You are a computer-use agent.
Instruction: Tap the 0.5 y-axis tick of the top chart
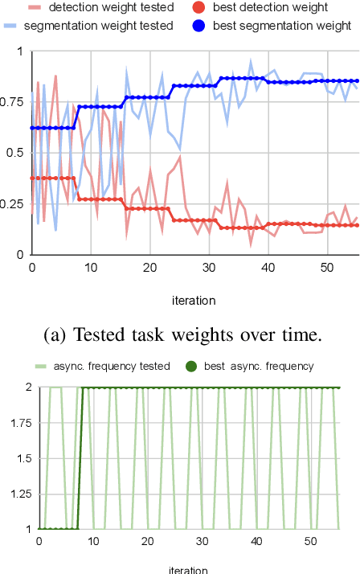click(16, 153)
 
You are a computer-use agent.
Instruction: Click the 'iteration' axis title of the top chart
click(193, 301)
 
